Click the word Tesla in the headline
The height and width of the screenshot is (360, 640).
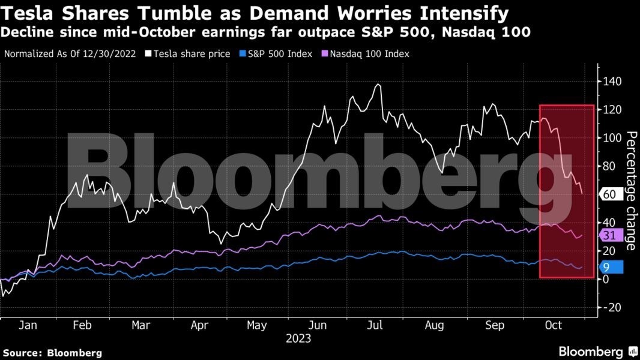coord(27,13)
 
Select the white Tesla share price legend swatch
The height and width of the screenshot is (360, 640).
coord(148,54)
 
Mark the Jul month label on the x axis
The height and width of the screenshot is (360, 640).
coord(375,325)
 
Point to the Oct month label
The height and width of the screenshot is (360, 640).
coord(553,325)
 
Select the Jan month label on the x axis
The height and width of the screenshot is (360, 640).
coord(28,325)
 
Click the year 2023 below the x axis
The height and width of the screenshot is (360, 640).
coord(298,339)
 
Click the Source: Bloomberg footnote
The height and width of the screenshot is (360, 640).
coord(53,353)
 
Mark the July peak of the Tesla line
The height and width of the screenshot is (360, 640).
coord(378,85)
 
